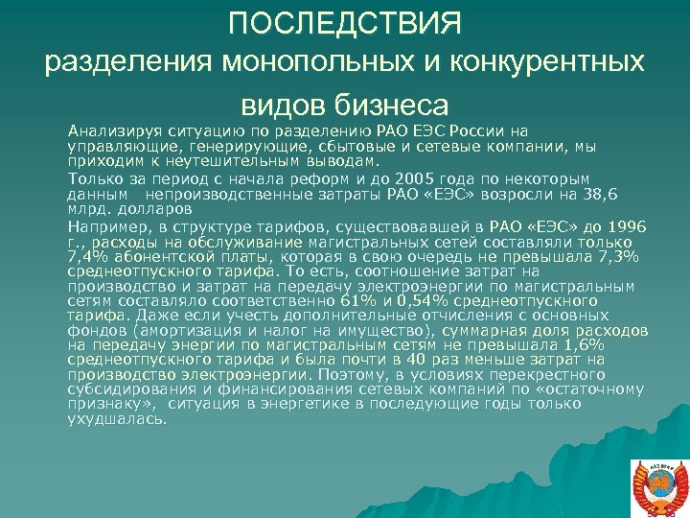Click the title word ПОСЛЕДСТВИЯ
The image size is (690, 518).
344,22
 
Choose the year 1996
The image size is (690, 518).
627,225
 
